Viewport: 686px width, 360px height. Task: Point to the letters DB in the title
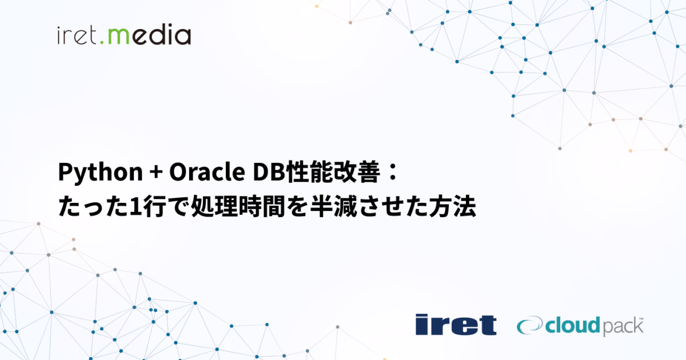point(260,173)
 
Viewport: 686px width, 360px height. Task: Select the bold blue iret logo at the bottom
point(456,325)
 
